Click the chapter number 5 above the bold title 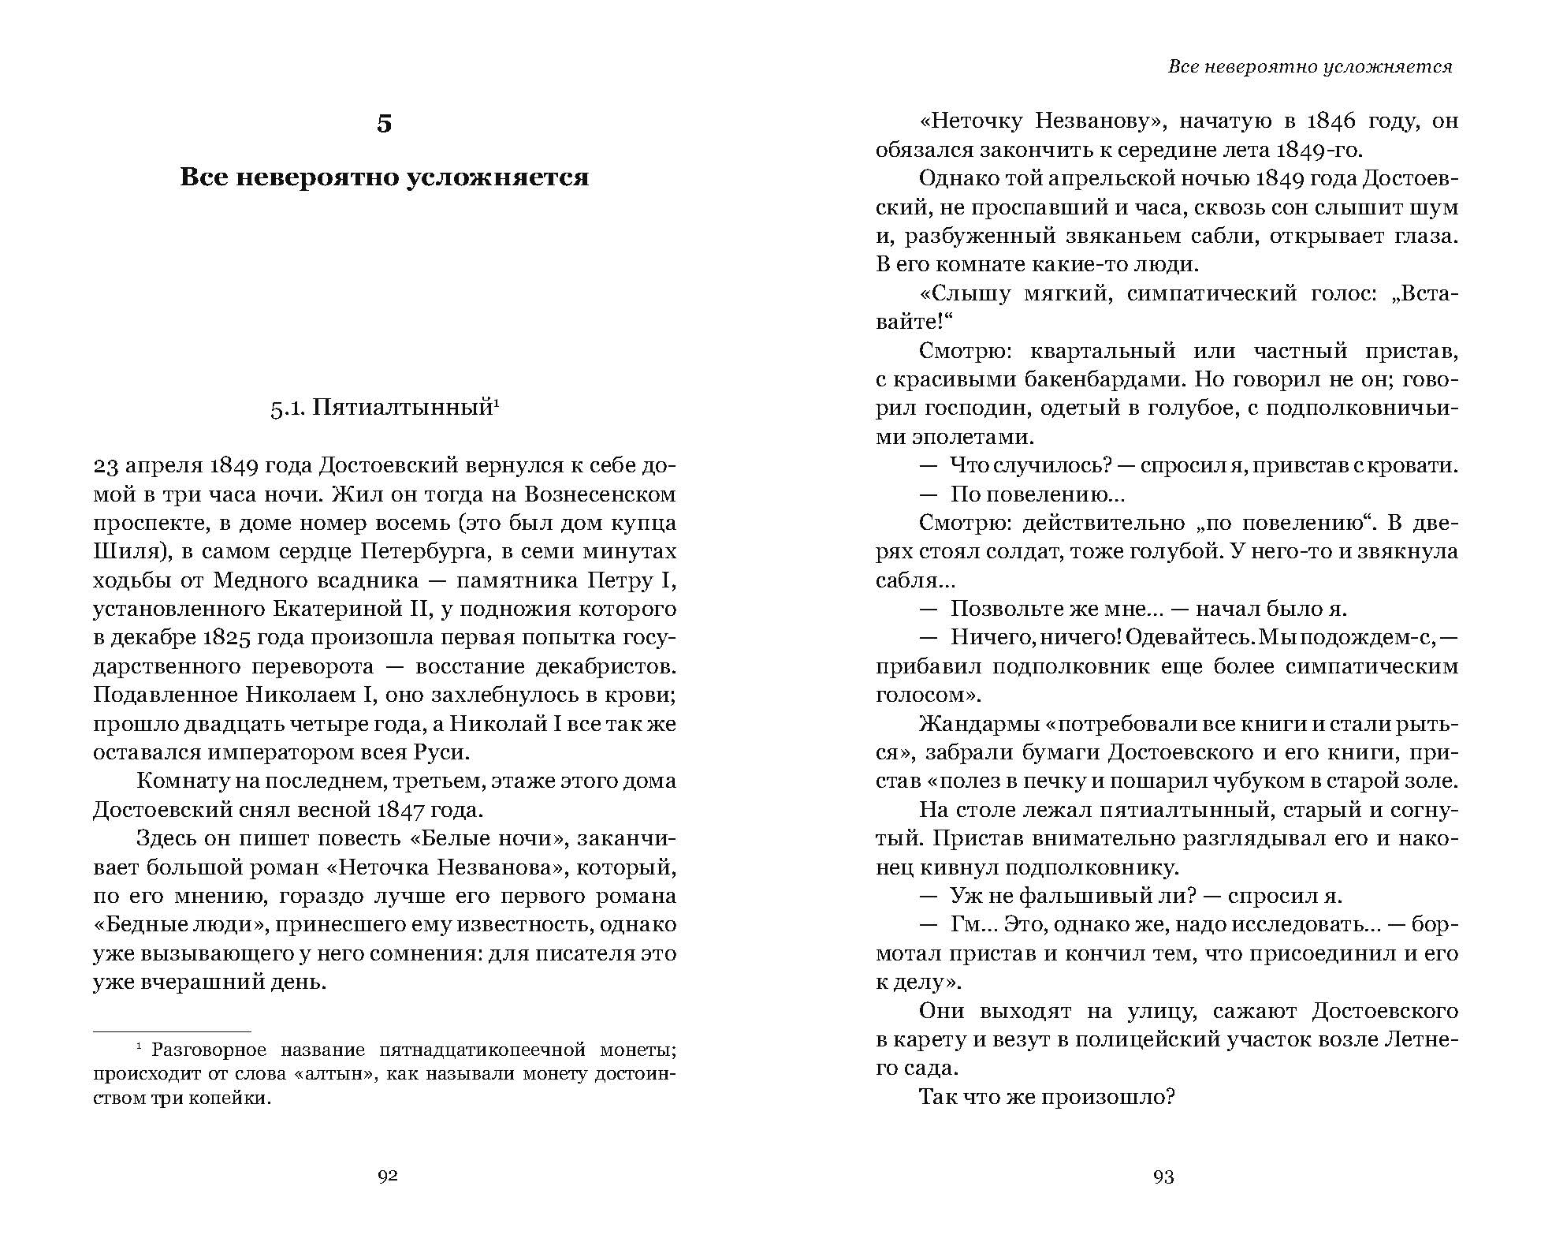(384, 124)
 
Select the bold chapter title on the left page (384, 177)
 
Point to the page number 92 (387, 1177)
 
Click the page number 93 (1163, 1177)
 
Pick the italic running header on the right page (1309, 67)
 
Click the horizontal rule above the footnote (172, 1031)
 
